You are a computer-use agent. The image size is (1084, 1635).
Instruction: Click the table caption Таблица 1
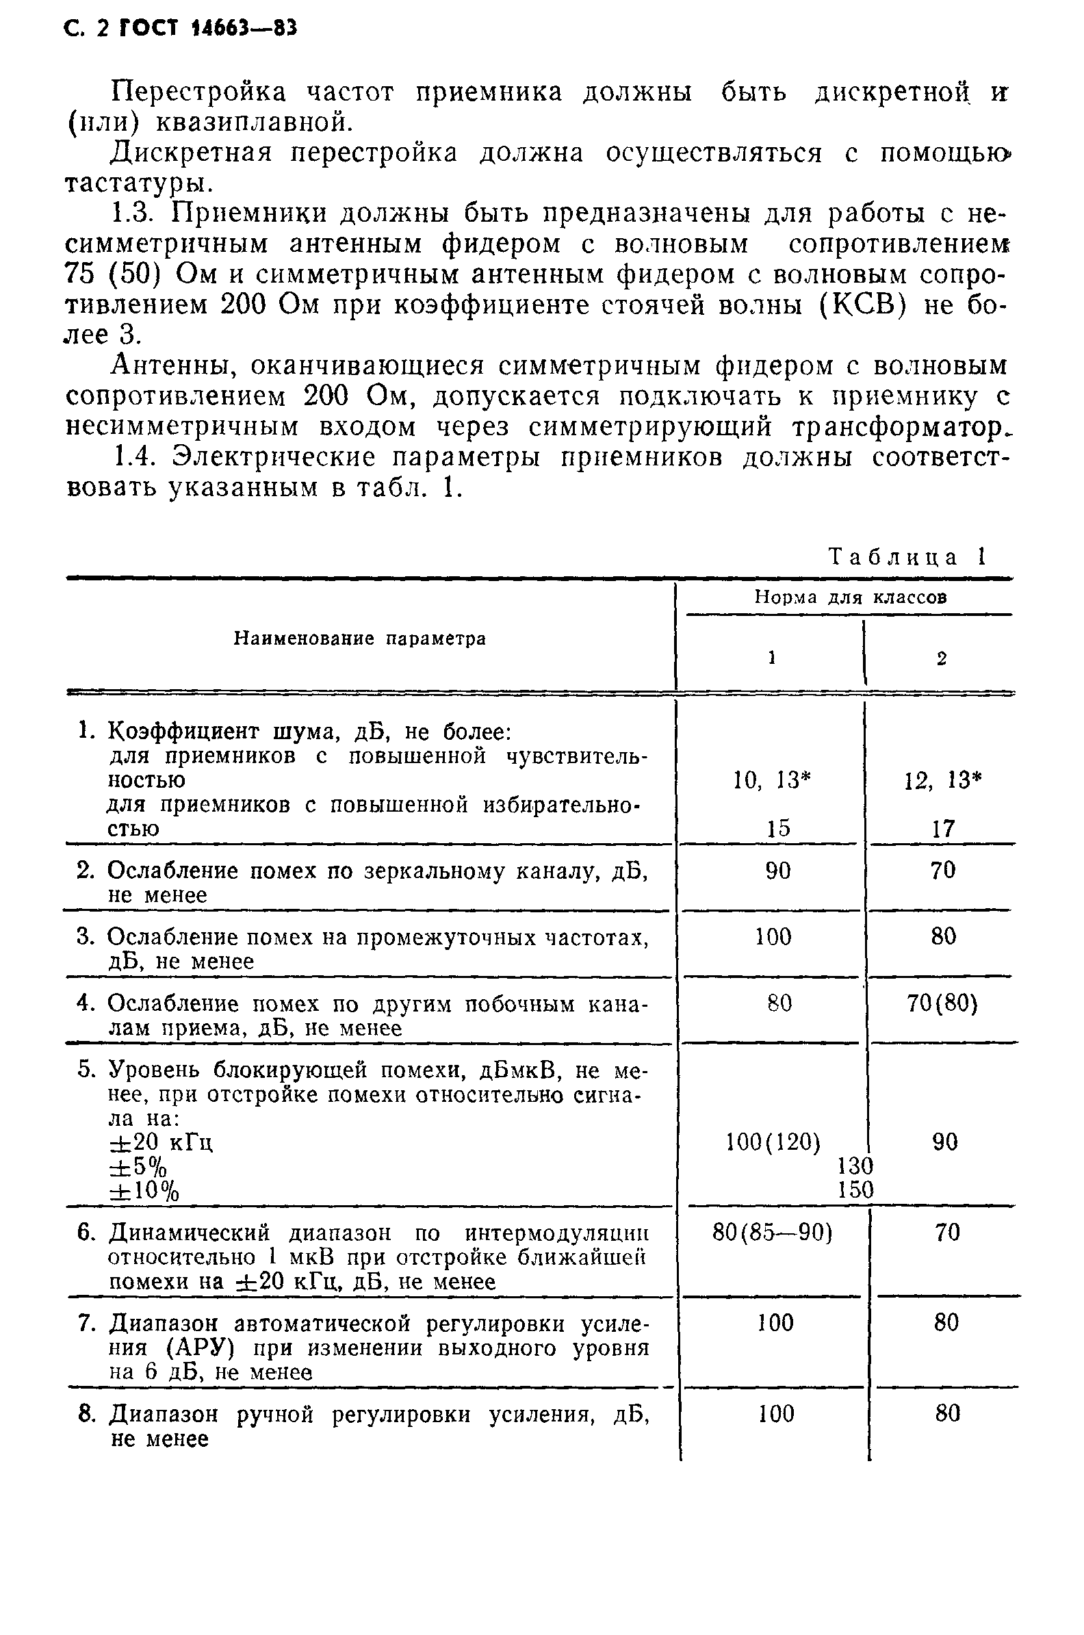[x=906, y=557]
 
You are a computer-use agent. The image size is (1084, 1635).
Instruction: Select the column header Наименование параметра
[x=359, y=639]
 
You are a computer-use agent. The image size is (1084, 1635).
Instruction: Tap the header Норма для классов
[x=850, y=597]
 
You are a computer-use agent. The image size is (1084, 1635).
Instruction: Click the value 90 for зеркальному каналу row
[x=778, y=871]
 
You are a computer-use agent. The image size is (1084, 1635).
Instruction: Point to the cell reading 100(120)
[x=773, y=1142]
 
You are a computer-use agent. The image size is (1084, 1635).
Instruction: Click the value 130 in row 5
[x=856, y=1166]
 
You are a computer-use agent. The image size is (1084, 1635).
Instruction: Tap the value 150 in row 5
[x=856, y=1189]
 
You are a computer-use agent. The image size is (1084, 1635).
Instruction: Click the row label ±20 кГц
[x=161, y=1143]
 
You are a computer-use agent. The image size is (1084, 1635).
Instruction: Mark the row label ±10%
[x=144, y=1191]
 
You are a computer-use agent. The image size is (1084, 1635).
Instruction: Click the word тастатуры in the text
[x=135, y=183]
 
